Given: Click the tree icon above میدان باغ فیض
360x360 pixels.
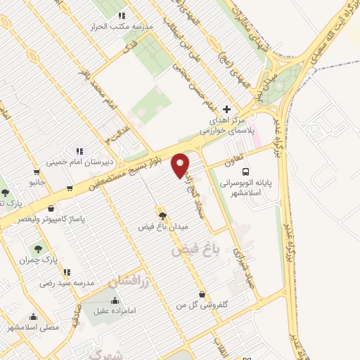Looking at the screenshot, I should pos(162,216).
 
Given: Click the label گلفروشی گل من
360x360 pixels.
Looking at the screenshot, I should pos(202,307).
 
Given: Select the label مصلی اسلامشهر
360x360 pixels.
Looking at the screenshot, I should pos(32,327).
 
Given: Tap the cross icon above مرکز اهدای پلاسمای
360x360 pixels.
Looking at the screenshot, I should pos(226,109).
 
